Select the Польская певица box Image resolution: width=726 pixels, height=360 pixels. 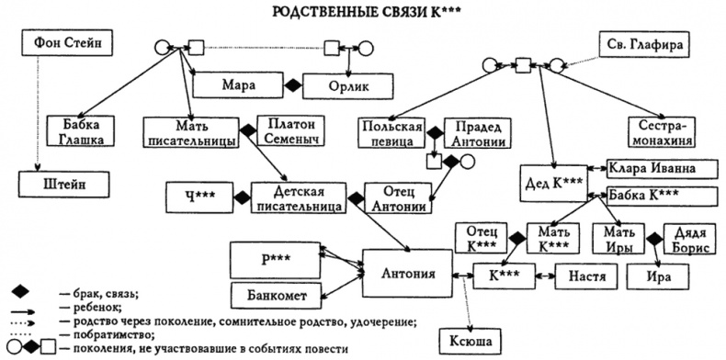point(392,131)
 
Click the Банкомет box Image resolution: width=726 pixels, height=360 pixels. point(275,296)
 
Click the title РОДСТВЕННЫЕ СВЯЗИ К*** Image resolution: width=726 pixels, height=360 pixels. point(362,13)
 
